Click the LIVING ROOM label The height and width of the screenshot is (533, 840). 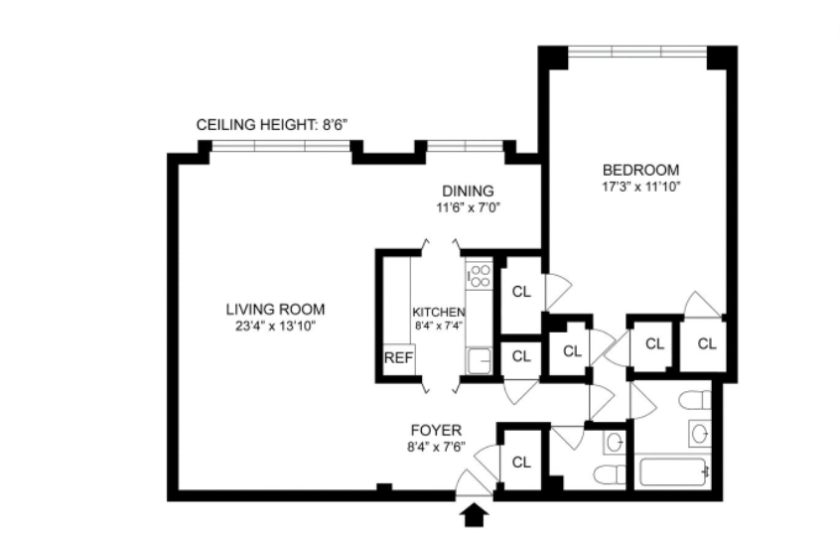click(274, 309)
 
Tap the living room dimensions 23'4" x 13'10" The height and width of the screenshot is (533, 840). click(274, 325)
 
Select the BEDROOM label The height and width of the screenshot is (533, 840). click(640, 169)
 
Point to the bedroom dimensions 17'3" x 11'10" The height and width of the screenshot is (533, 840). click(640, 185)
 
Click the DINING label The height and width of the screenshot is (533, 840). click(468, 192)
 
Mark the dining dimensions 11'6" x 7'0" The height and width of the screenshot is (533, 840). click(468, 207)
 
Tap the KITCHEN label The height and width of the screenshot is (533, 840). click(439, 312)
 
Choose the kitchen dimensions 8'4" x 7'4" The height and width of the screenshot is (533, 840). click(439, 326)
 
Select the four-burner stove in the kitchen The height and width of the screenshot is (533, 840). click(479, 275)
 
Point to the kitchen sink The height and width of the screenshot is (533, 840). click(479, 360)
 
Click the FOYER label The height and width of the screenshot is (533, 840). click(436, 431)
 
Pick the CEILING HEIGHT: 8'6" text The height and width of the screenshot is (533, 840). click(272, 125)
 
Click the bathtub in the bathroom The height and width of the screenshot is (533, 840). click(674, 470)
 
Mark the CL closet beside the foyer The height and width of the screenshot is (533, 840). click(520, 462)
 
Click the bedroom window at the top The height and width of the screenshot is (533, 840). click(638, 52)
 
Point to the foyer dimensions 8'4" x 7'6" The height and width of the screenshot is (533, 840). click(436, 447)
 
